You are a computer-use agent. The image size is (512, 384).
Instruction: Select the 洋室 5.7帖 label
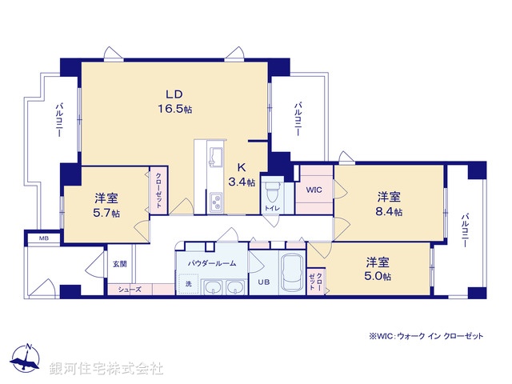pyautogui.click(x=106, y=205)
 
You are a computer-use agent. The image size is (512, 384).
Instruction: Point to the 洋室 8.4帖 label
pyautogui.click(x=390, y=203)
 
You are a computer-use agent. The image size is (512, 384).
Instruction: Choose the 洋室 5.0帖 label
pyautogui.click(x=378, y=269)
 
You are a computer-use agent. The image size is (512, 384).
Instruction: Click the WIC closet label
pyautogui.click(x=314, y=190)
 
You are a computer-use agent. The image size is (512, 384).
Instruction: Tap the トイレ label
pyautogui.click(x=272, y=208)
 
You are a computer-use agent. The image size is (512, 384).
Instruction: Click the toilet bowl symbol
pyautogui.click(x=272, y=192)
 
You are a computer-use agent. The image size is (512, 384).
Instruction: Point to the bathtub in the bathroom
pyautogui.click(x=292, y=274)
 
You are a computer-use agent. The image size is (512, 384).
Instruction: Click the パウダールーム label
pyautogui.click(x=211, y=262)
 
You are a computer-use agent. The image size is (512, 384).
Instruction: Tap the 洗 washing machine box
pyautogui.click(x=189, y=283)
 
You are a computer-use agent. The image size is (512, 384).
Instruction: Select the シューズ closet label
pyautogui.click(x=130, y=289)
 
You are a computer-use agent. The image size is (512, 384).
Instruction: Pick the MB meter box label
pyautogui.click(x=37, y=238)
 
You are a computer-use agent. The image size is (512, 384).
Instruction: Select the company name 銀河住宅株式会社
pyautogui.click(x=106, y=369)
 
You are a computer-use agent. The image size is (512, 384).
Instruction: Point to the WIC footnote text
pyautogui.click(x=426, y=336)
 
